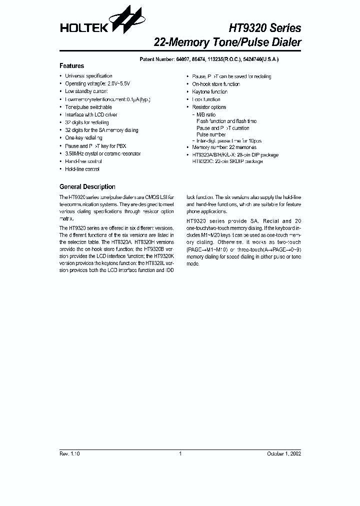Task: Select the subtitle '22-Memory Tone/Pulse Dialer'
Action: pos(227,42)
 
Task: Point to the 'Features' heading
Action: pos(71,66)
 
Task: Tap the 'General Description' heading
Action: pos(87,186)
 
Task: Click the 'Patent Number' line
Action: pos(208,59)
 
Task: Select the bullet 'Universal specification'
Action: pos(88,76)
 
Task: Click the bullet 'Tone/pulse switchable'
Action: pos(88,107)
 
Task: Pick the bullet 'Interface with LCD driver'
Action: pos(91,114)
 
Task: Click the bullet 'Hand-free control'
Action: pos(83,161)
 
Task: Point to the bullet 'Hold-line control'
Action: pos(82,169)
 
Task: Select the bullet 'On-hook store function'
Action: pos(216,84)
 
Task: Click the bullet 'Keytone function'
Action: pos(209,91)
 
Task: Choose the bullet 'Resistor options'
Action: pos(209,107)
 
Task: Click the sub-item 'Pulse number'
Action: pos(211,134)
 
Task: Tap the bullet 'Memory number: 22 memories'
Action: pos(224,147)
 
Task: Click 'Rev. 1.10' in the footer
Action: pos(69,454)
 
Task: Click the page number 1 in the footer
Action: pos(180,454)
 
